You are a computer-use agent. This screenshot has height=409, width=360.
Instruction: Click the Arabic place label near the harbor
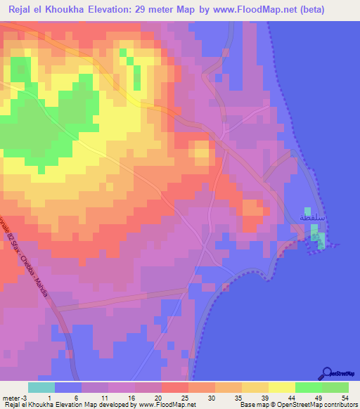click(311, 219)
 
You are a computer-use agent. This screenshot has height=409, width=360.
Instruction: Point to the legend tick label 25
click(184, 397)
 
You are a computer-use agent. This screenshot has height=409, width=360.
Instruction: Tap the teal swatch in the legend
click(41, 387)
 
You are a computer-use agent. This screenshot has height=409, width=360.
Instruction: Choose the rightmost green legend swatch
click(335, 387)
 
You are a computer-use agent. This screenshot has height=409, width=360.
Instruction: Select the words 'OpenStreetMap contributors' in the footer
click(320, 405)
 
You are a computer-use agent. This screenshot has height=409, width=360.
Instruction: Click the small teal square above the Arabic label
click(307, 210)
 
